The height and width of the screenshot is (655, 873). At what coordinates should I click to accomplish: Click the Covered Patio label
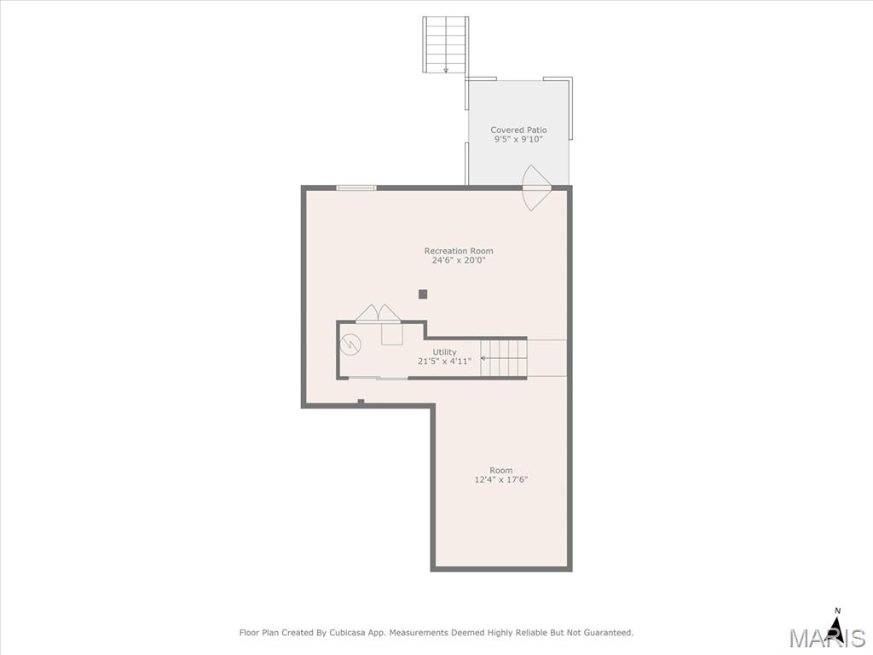pos(518,130)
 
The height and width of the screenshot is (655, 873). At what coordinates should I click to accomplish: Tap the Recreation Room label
pos(459,251)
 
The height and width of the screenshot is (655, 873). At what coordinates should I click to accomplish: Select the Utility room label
pos(445,352)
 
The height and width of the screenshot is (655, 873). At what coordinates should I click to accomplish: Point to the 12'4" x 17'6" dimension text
pos(501,479)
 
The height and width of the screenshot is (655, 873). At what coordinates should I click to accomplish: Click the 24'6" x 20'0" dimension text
pos(459,260)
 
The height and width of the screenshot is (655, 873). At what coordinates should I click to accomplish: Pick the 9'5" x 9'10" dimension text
pos(518,139)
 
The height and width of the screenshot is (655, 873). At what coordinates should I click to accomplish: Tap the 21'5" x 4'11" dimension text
pos(445,361)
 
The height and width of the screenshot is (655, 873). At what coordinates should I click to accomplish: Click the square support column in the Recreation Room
pos(423,294)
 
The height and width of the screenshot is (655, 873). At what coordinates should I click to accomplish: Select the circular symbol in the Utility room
pos(350,345)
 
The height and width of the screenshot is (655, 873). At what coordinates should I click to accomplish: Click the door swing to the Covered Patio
pos(535,188)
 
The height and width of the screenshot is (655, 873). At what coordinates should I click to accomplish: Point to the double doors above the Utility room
pos(379,313)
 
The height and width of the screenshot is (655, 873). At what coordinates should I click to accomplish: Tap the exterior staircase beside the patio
pos(445,44)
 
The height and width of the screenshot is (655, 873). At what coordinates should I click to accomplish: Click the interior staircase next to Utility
pos(504,358)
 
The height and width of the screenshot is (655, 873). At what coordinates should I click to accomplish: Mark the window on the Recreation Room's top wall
pos(356,188)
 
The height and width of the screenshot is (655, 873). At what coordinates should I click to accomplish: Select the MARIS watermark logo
pos(827,637)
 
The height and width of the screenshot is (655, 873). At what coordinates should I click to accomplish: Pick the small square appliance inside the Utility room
pos(392,334)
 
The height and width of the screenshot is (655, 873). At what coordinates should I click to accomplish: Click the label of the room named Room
pos(501,470)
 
